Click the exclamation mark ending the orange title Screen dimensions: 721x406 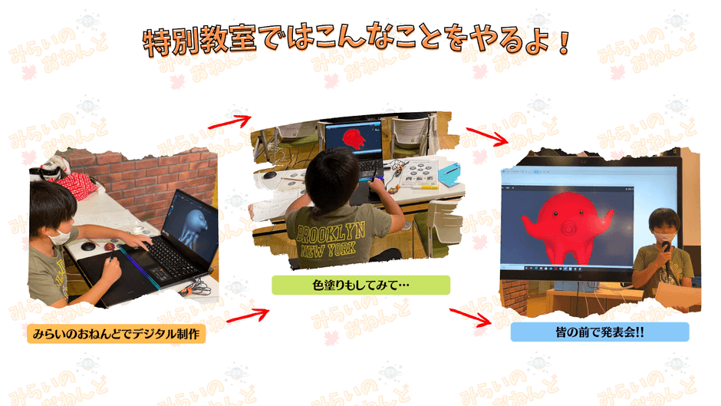point(565,43)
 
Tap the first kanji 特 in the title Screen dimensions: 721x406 point(156,43)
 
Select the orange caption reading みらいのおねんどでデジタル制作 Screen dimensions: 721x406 point(117,333)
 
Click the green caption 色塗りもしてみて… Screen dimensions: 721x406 point(361,285)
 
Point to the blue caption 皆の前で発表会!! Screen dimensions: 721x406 point(600,332)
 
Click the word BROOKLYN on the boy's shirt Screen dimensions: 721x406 point(331,232)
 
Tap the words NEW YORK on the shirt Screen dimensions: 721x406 point(328,249)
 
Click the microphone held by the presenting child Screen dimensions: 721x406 point(667,253)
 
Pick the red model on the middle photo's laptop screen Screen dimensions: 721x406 point(354,137)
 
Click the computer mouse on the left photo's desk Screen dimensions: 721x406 point(88,246)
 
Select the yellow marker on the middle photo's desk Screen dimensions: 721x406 point(424,187)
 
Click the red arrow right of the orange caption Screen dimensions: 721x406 point(248,315)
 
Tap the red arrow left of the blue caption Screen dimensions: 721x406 point(470,317)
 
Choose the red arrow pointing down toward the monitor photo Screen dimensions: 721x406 point(487,137)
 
